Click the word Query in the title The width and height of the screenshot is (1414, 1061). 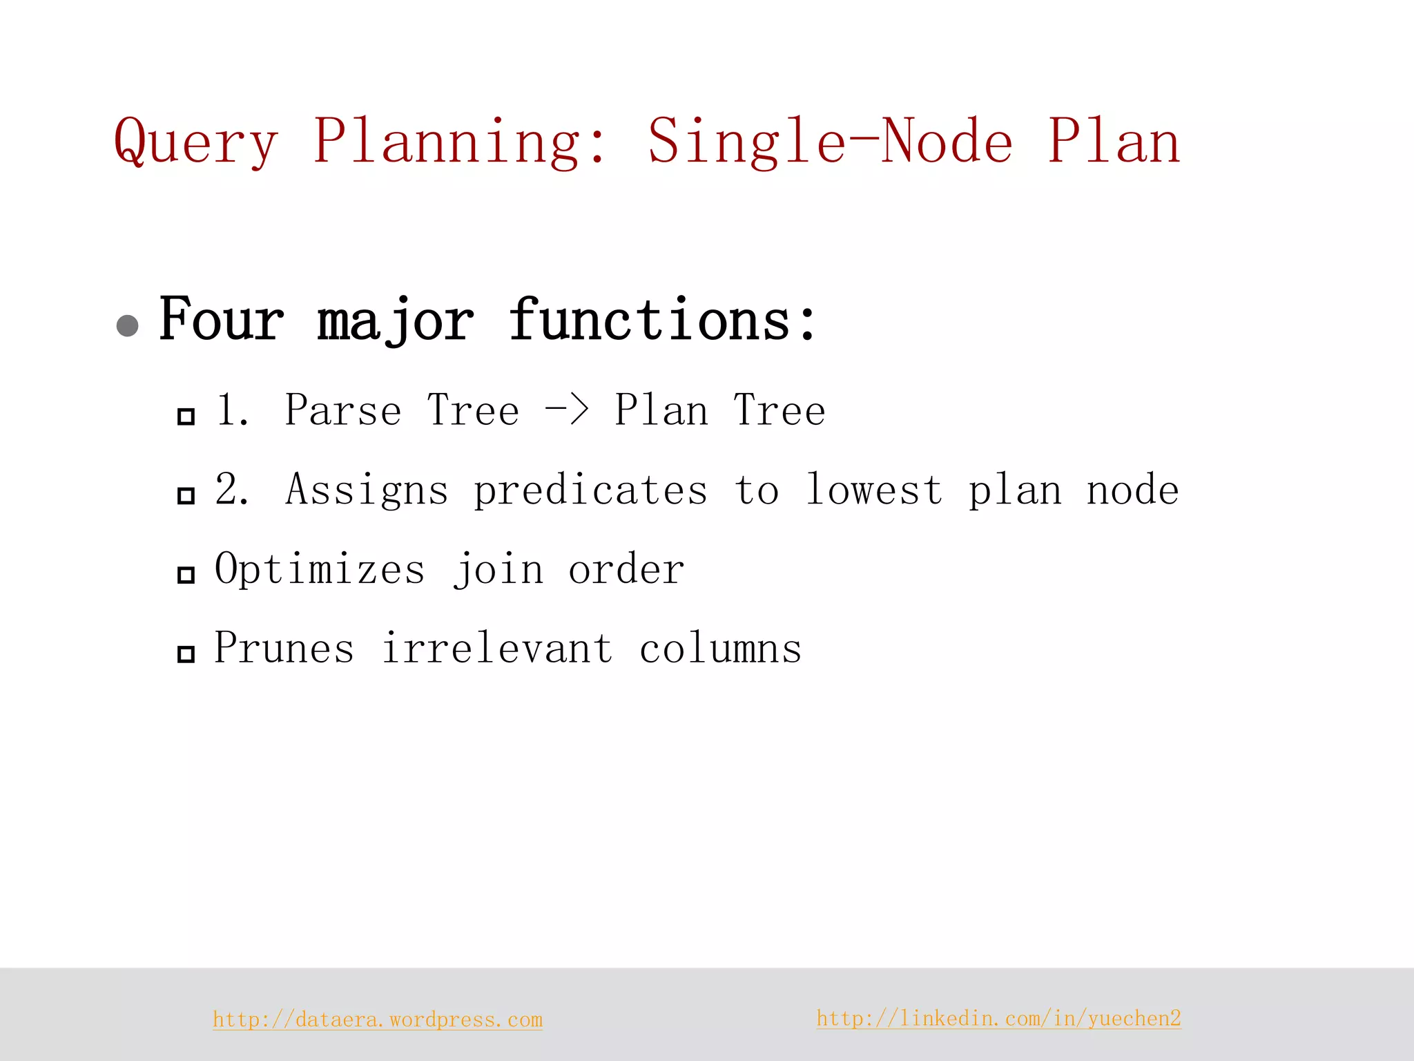pos(196,142)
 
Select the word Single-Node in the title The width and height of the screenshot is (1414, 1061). pos(830,142)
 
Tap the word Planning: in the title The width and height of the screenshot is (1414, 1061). pos(461,142)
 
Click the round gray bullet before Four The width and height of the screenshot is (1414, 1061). pos(128,325)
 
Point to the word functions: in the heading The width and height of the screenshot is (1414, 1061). pos(663,320)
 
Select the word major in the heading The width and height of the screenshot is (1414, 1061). pos(395,321)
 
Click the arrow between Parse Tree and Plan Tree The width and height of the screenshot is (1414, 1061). pos(567,409)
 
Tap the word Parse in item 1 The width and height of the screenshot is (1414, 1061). pos(342,410)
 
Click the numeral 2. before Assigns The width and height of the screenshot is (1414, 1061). pos(232,489)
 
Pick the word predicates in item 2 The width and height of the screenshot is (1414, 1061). pos(590,491)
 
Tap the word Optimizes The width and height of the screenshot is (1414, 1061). pos(320,569)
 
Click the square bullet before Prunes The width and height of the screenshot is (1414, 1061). pos(186,653)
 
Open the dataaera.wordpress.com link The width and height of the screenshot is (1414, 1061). pos(378,1020)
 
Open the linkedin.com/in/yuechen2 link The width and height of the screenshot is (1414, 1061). pos(998,1018)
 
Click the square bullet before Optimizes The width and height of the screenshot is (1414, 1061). pos(186,575)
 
